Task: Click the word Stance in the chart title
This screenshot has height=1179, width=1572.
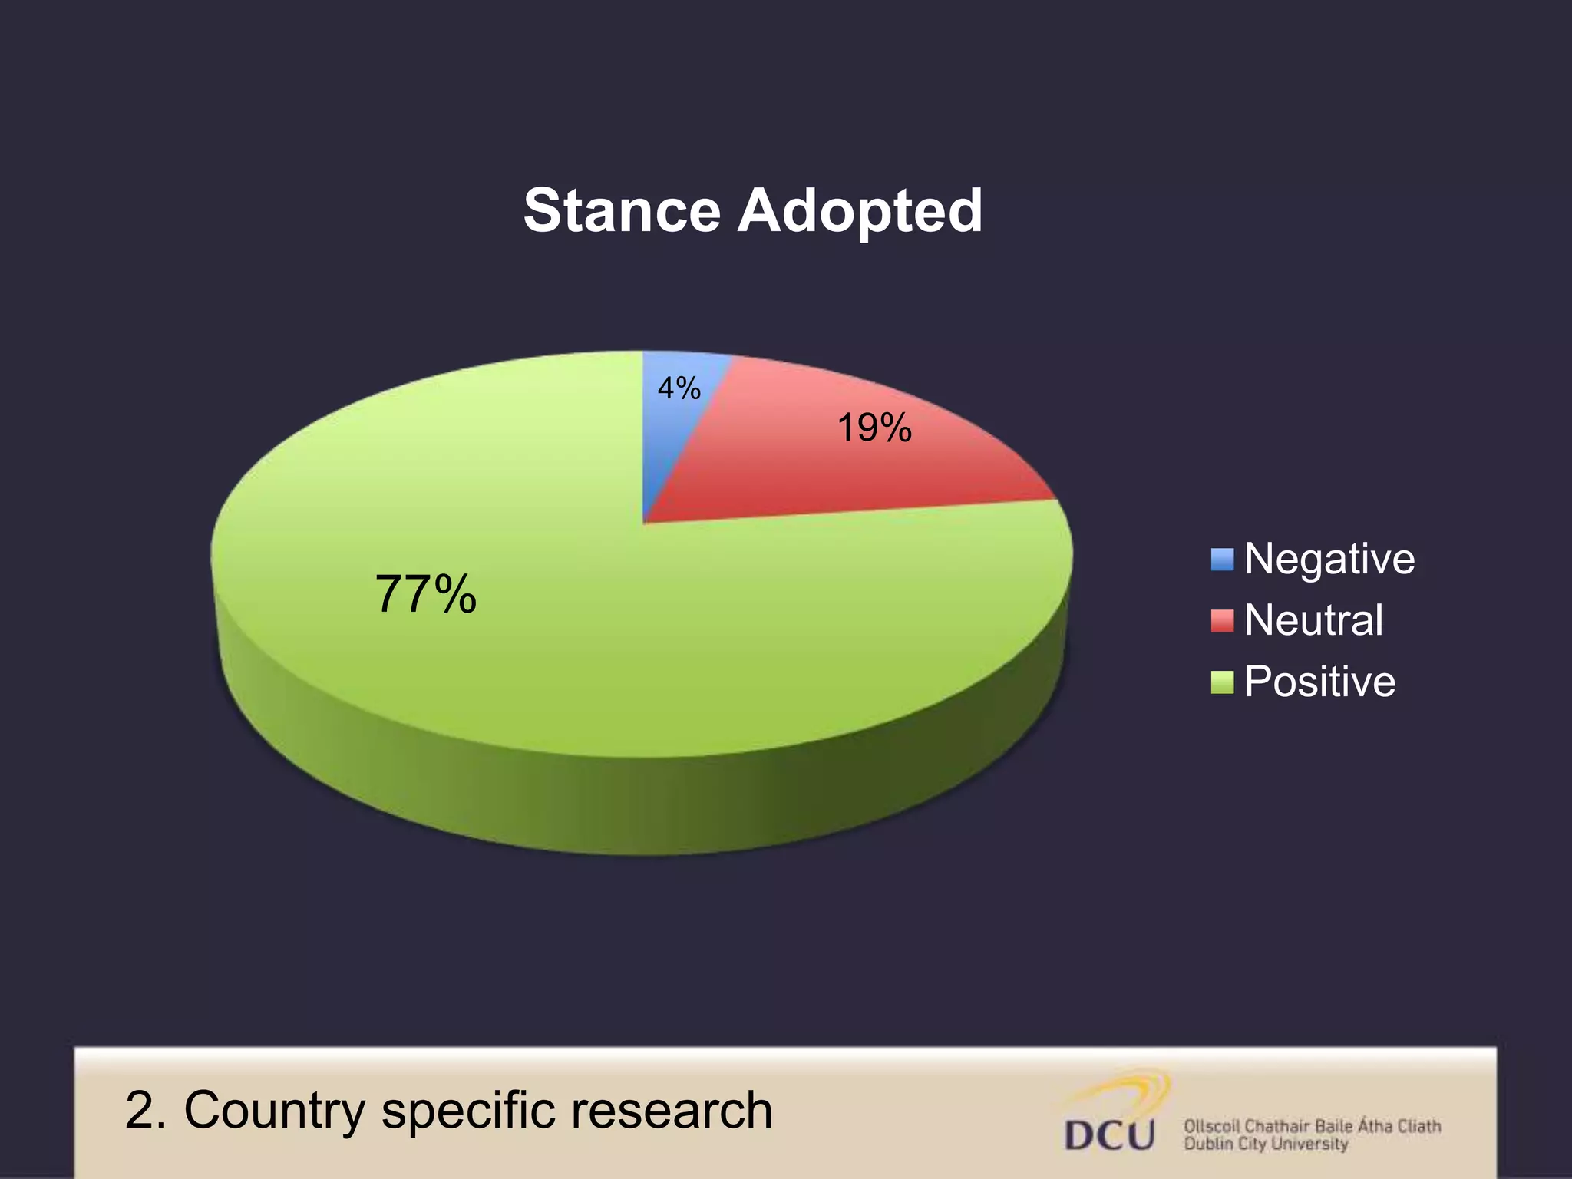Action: click(621, 211)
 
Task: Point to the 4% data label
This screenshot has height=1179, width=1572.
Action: click(679, 388)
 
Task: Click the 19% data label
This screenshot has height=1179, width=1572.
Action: click(874, 428)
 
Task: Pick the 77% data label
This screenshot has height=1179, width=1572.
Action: click(426, 594)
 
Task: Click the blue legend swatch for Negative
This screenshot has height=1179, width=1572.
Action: click(1222, 559)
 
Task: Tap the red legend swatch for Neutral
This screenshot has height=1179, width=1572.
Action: click(1222, 620)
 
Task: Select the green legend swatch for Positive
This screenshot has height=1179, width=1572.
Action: click(1222, 682)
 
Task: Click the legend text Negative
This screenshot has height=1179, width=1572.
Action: click(1329, 559)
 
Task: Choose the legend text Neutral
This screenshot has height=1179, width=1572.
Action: click(1313, 620)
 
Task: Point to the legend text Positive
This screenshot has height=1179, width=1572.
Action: click(1319, 682)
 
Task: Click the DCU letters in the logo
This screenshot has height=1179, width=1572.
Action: click(1109, 1135)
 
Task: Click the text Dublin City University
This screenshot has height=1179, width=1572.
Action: click(1266, 1144)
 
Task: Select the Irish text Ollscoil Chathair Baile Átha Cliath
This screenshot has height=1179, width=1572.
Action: click(1312, 1126)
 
